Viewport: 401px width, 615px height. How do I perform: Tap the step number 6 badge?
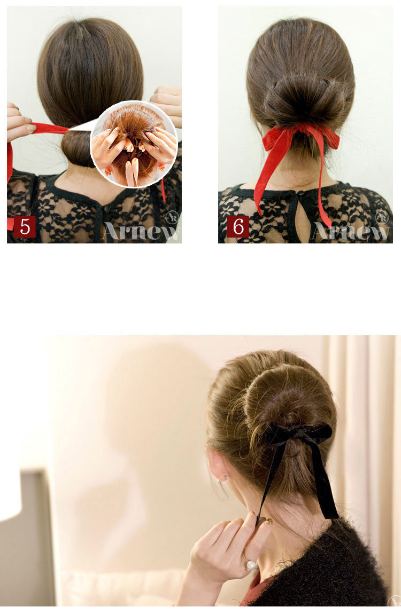coord(238,226)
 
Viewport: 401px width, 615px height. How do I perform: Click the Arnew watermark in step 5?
coord(142,230)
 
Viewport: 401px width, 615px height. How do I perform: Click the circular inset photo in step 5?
coord(134,144)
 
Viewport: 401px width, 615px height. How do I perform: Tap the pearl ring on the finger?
coord(251,565)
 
